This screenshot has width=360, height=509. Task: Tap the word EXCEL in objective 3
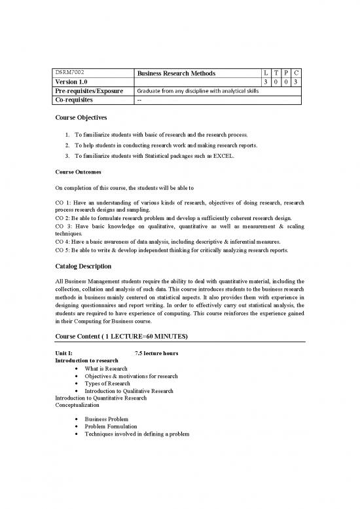238,157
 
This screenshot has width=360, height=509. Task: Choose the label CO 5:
63,250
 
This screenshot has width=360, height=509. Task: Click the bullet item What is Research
106,369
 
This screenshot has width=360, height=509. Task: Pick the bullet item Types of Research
107,383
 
